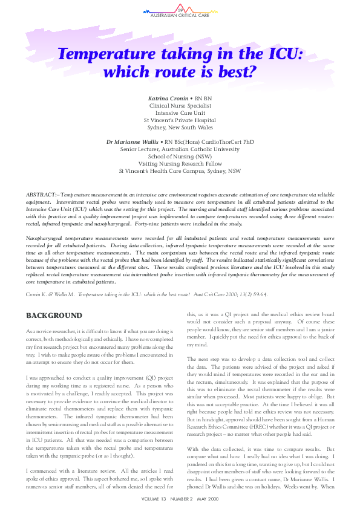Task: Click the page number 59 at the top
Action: [180, 10]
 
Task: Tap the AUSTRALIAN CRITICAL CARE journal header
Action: [180, 15]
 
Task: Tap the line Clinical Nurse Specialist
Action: [180, 105]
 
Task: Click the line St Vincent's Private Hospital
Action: [180, 120]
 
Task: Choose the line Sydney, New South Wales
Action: [180, 128]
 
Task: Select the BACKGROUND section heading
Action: [54, 316]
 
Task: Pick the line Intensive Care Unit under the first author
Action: [180, 112]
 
